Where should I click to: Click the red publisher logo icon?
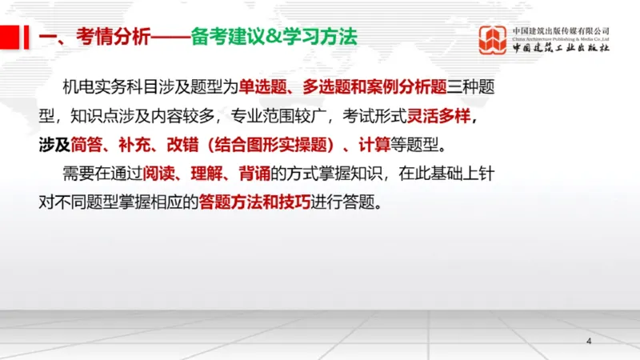493,40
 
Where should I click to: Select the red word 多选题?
326,86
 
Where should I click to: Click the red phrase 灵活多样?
438,116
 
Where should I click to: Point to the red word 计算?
374,145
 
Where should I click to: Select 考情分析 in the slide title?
112,38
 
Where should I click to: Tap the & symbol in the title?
268,38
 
